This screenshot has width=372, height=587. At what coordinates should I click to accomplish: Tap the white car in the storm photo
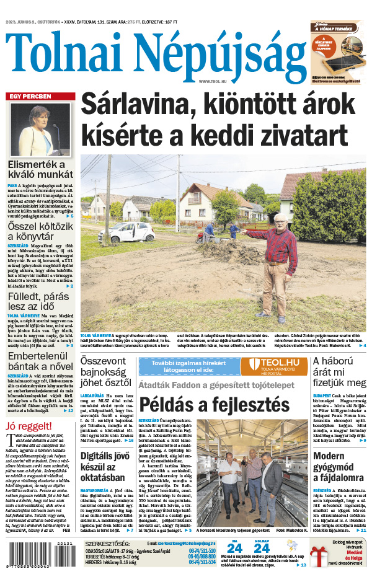point(135,232)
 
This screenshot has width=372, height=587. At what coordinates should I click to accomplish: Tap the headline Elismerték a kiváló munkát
point(40,169)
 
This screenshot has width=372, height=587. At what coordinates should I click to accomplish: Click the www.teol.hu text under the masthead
point(213,81)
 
